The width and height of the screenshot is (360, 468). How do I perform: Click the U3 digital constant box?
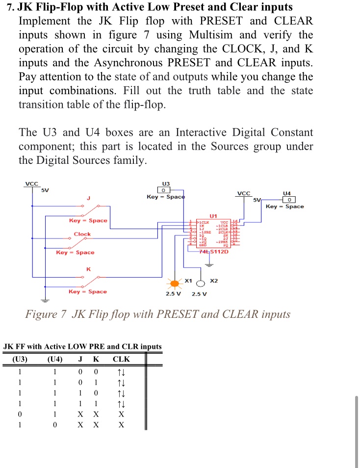click(162, 190)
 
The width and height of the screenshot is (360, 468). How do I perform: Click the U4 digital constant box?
click(291, 200)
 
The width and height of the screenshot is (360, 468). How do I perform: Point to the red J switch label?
click(89, 198)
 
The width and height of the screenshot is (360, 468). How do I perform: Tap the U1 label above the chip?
click(213, 216)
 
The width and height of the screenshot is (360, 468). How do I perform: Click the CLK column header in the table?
click(121, 359)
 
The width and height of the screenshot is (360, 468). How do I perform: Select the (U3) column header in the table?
click(20, 359)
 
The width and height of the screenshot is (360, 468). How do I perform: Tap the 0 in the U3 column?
click(20, 415)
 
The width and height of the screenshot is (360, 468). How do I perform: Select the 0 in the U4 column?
click(55, 425)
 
